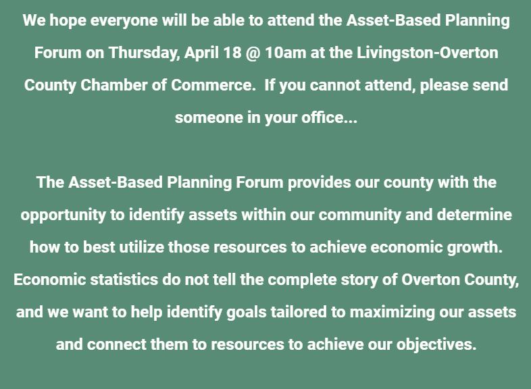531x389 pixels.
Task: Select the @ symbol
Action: pos(253,53)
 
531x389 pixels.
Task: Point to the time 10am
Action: pos(286,53)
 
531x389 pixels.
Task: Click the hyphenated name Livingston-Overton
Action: pos(428,53)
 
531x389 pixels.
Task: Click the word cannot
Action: pos(335,85)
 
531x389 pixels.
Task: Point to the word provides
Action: pos(319,183)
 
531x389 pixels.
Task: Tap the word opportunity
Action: pos(64,215)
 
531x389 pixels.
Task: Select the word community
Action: pos(359,215)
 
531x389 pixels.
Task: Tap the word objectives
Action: pos(436,345)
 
